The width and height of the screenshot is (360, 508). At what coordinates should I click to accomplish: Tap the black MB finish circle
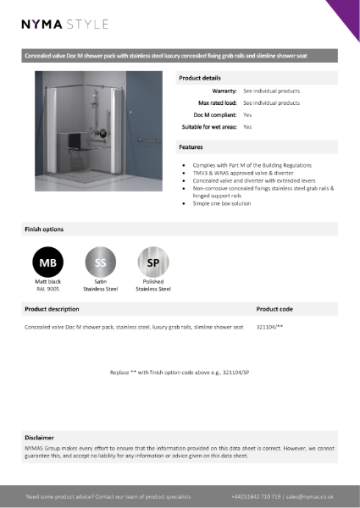[47, 262]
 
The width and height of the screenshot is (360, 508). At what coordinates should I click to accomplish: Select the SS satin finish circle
[100, 262]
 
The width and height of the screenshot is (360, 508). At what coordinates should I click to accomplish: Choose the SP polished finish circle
[153, 262]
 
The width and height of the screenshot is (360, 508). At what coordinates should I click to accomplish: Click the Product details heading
[201, 78]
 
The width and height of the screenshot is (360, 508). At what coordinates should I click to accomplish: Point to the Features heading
[191, 146]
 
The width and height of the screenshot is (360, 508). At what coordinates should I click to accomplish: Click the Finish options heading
[43, 229]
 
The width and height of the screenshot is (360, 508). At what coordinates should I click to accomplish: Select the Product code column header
[274, 310]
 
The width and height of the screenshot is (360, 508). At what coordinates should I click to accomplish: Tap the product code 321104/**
[269, 326]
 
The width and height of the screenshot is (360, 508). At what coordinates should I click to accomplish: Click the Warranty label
[223, 91]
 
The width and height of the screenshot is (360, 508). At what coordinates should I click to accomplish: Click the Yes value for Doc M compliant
[247, 114]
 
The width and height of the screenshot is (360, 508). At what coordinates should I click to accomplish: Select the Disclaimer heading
[40, 438]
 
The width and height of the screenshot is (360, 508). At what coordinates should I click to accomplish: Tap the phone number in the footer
[256, 496]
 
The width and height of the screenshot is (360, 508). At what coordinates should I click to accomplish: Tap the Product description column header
[53, 310]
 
